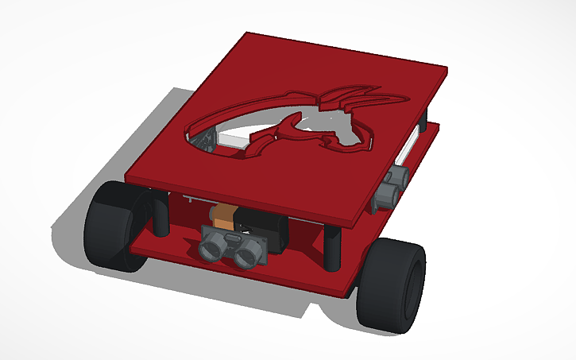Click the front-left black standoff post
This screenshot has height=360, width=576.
(161, 213)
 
